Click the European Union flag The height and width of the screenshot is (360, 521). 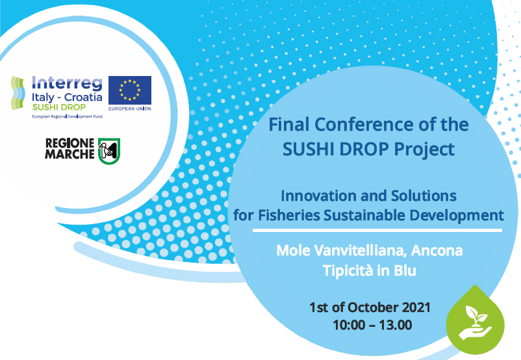coord(130,90)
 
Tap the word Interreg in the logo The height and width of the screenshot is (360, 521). coord(67,84)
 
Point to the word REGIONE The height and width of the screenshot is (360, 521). coord(71,143)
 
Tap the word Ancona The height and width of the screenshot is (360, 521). coord(449,250)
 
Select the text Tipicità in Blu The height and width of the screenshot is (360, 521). coord(370,270)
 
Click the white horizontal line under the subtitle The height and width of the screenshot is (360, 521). coord(377,229)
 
